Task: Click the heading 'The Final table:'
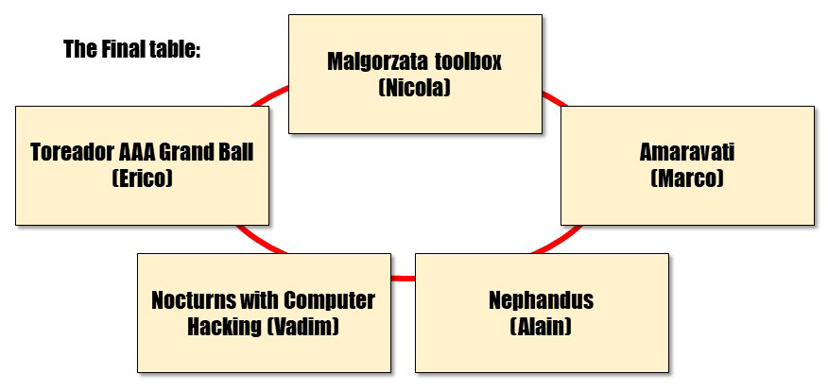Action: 132,49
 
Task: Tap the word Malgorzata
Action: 377,61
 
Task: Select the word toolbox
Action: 468,61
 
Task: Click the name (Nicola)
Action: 415,87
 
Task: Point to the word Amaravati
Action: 687,152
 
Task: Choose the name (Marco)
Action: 687,178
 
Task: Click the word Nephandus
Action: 542,300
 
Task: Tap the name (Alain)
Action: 542,326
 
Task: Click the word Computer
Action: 329,300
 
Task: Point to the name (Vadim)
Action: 302,326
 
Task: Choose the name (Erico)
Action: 142,178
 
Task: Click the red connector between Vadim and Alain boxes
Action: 403,278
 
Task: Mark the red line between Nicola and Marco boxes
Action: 555,98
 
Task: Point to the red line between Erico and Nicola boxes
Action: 269,95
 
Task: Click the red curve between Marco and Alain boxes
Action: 557,240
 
